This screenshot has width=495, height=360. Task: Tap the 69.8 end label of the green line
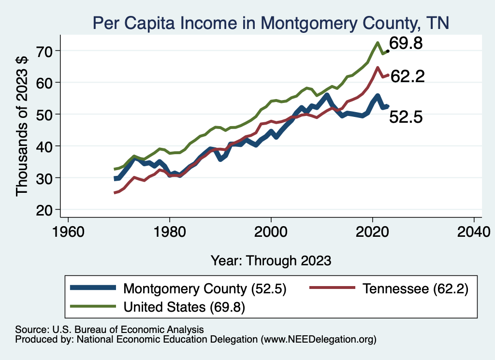pos(406,43)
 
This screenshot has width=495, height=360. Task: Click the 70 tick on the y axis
pos(48,50)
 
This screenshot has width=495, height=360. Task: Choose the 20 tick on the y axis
pos(48,210)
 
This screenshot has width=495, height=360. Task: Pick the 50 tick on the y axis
pos(48,114)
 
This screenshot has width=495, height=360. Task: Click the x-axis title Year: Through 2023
pos(271,260)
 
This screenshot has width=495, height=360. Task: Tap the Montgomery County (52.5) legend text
pos(205,289)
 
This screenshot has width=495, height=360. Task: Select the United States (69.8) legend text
pos(185,306)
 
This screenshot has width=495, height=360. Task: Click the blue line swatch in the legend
pos(94,288)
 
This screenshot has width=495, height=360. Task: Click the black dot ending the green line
pos(388,51)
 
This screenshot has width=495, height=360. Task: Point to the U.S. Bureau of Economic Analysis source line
pos(110,329)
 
